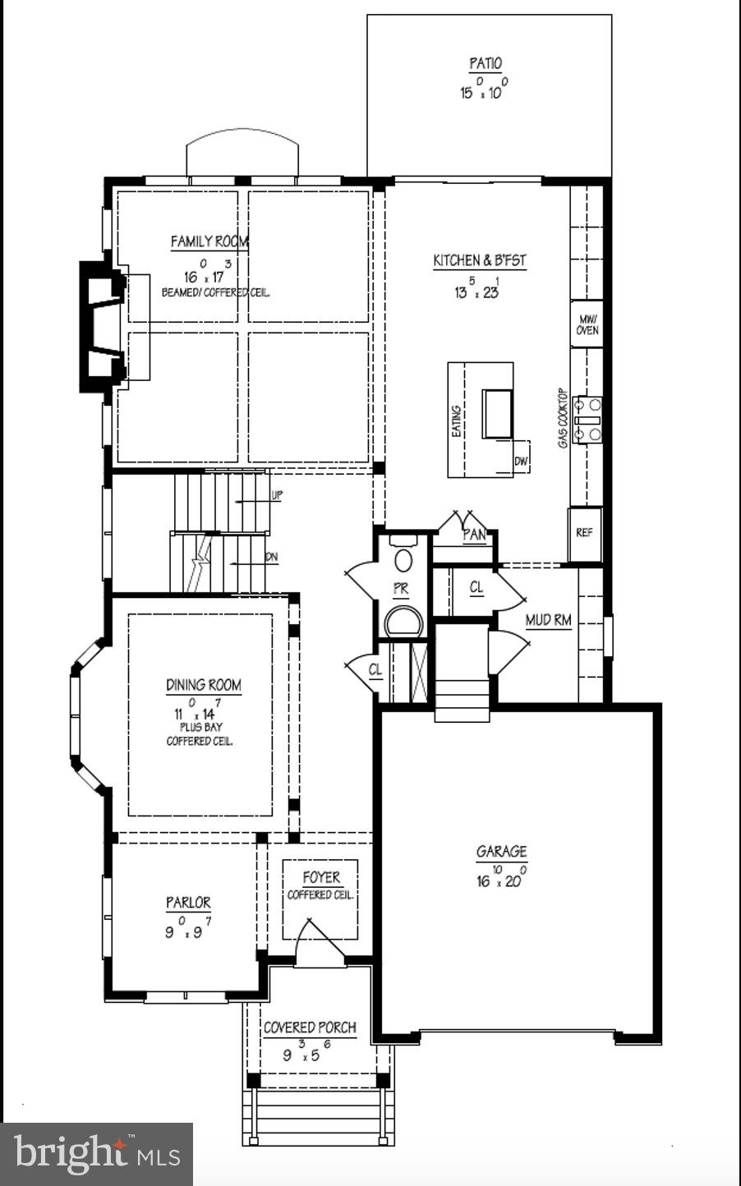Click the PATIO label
[x=486, y=63]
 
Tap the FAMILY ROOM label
[x=209, y=241]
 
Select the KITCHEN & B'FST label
[x=480, y=260]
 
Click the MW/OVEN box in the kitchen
[x=587, y=325]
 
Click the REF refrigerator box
[x=584, y=533]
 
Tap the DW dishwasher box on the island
[x=521, y=462]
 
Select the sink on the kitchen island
[x=497, y=414]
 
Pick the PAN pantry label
[x=474, y=535]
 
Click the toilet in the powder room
[x=403, y=561]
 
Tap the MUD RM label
[x=548, y=620]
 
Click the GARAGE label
[x=501, y=852]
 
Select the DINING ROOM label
[x=204, y=685]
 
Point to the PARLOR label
[x=188, y=903]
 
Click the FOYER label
[x=320, y=877]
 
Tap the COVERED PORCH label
[x=310, y=1027]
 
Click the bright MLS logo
[x=97, y=1154]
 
